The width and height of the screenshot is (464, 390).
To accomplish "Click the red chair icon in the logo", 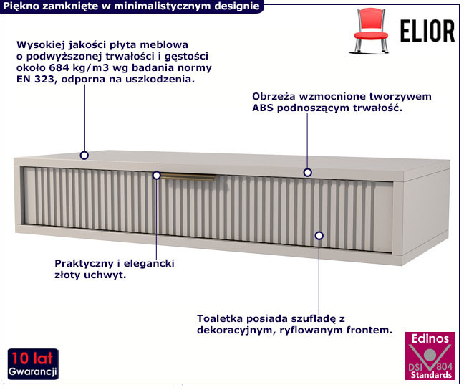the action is [370, 31].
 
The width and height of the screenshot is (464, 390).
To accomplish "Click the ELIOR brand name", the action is [427, 31].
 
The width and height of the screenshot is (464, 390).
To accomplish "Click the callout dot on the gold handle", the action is [157, 176].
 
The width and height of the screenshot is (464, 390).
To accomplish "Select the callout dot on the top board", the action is [84, 156].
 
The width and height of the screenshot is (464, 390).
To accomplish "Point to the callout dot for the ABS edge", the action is [308, 173].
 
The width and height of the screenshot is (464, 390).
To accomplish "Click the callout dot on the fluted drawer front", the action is [319, 236].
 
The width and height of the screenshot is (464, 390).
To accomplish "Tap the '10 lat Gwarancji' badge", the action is [33, 364].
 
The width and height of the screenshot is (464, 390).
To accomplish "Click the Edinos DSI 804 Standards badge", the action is [430, 356].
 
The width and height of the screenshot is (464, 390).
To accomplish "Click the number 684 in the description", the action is [59, 68].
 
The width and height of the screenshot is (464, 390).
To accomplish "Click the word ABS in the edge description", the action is [263, 108].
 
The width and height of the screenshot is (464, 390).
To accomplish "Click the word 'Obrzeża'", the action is [274, 96].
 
